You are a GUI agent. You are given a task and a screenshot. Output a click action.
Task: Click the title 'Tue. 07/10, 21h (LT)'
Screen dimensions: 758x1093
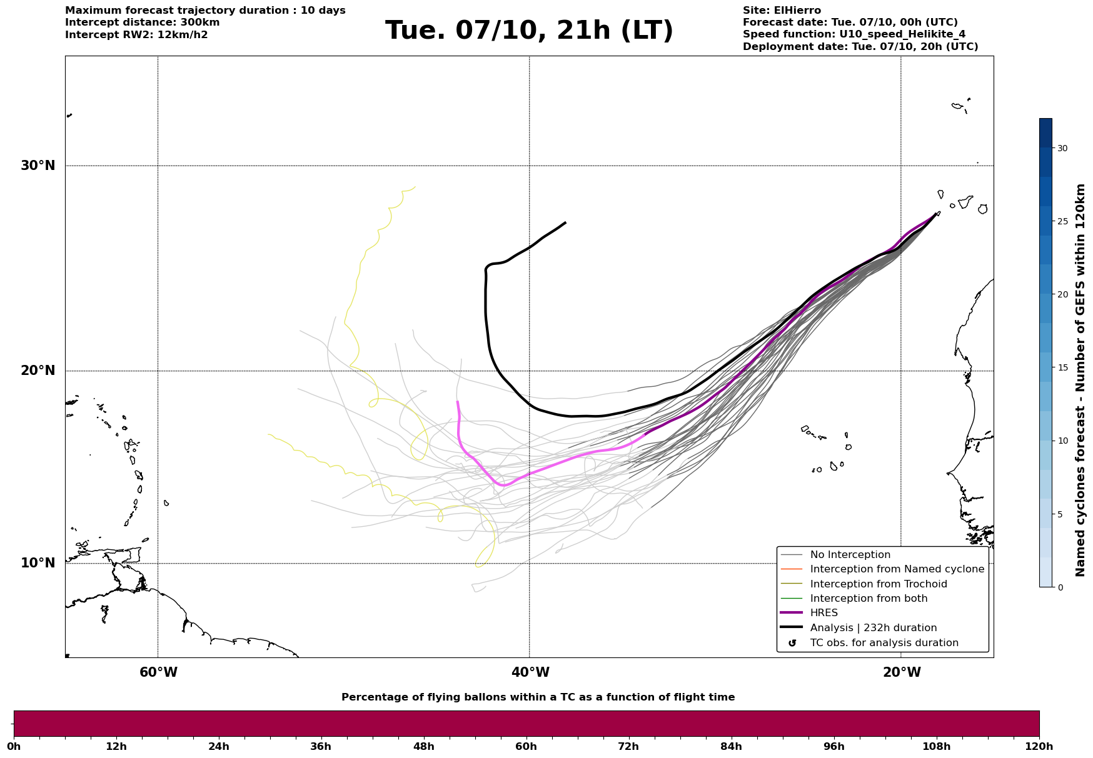(x=529, y=31)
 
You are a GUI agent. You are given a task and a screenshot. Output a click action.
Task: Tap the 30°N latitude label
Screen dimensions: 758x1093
(x=38, y=166)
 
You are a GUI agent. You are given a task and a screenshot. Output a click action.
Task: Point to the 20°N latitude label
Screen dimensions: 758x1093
(x=38, y=371)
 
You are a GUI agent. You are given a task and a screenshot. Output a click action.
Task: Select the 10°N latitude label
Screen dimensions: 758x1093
(x=38, y=563)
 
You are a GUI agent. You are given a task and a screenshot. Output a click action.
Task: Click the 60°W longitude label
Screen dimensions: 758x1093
(x=158, y=672)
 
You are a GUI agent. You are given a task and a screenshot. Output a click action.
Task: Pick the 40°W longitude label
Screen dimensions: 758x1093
(x=530, y=672)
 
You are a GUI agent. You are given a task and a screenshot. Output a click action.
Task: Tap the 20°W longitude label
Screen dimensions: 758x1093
(x=902, y=672)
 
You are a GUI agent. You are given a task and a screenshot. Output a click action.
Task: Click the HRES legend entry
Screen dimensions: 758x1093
(x=824, y=613)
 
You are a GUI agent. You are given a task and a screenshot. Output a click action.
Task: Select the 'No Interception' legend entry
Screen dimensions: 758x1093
(x=850, y=555)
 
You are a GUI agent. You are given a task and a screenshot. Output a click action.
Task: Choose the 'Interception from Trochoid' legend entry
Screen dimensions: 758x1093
(x=878, y=584)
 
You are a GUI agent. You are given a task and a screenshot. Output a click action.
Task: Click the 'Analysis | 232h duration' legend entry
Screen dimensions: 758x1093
(x=873, y=628)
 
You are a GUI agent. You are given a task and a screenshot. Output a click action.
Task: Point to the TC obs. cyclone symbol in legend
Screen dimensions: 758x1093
(x=792, y=643)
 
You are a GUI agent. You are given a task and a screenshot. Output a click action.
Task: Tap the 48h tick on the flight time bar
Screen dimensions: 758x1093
(x=424, y=746)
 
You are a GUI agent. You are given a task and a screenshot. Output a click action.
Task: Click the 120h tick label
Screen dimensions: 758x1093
(x=1039, y=746)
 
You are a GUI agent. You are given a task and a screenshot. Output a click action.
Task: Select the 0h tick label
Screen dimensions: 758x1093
(x=14, y=746)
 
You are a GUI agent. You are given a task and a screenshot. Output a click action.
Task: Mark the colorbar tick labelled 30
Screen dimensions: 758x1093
(x=1062, y=148)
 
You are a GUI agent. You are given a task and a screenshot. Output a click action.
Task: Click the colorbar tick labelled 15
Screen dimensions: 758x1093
(x=1062, y=367)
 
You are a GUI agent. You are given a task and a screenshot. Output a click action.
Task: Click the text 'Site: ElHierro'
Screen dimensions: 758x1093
(x=782, y=11)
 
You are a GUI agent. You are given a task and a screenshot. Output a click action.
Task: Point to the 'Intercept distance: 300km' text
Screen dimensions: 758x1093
(x=143, y=22)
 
